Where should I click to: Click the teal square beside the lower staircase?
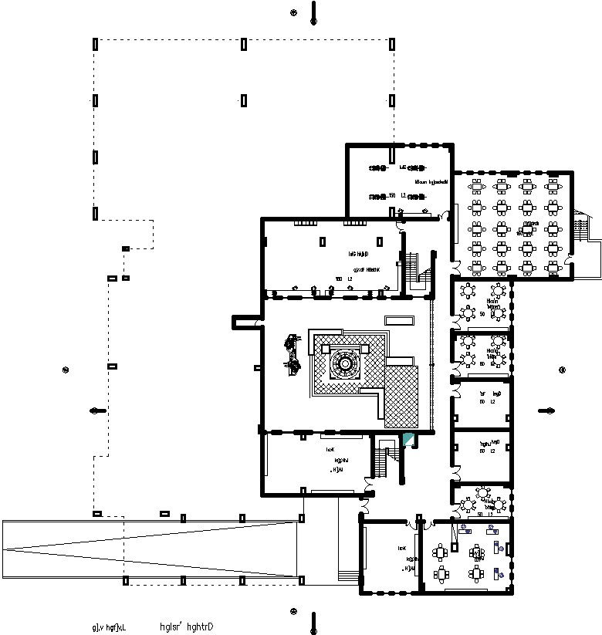pos(408,440)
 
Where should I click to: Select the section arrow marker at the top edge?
pos(313,13)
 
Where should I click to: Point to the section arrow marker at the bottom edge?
pos(313,621)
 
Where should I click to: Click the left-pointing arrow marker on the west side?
pos(97,410)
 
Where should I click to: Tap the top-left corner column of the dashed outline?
pos(96,44)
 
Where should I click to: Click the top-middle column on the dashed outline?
pos(244,44)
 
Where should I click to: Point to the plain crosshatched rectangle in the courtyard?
pos(401,397)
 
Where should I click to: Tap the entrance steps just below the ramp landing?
pos(350,575)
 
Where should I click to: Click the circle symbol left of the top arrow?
pos(293,12)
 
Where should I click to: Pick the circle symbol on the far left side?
pos(66,369)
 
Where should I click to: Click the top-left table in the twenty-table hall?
pos(477,185)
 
